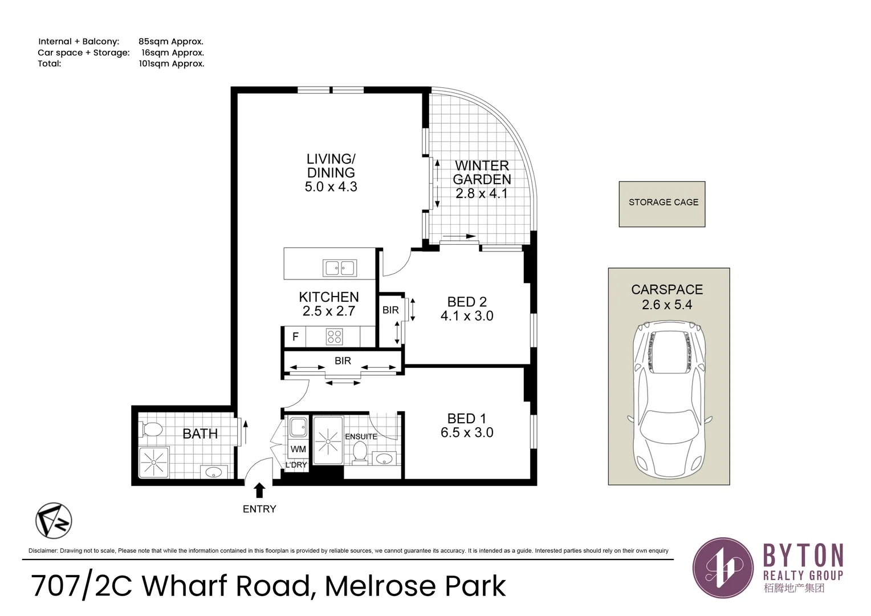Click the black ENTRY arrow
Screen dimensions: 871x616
tap(259, 491)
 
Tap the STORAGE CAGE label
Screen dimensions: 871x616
tap(664, 202)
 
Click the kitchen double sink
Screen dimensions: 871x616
tap(340, 268)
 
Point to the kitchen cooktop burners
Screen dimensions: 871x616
tap(335, 337)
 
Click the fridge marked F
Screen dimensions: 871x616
tap(295, 337)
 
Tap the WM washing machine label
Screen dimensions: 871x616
tap(298, 449)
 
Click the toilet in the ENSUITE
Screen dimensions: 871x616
tap(360, 453)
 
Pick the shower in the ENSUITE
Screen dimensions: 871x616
tap(328, 441)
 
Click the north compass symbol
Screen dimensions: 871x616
tap(54, 521)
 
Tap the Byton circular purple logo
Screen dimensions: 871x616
tap(723, 568)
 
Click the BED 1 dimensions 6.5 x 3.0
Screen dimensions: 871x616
tap(467, 433)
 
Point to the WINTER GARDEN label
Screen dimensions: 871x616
tap(482, 172)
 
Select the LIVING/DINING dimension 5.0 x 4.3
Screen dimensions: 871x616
tap(331, 187)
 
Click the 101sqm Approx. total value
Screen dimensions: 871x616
tap(172, 64)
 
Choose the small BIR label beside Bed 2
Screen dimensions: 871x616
tap(390, 310)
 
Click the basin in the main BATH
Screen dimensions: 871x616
tap(213, 472)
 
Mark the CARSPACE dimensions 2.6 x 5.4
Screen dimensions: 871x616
tap(667, 305)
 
